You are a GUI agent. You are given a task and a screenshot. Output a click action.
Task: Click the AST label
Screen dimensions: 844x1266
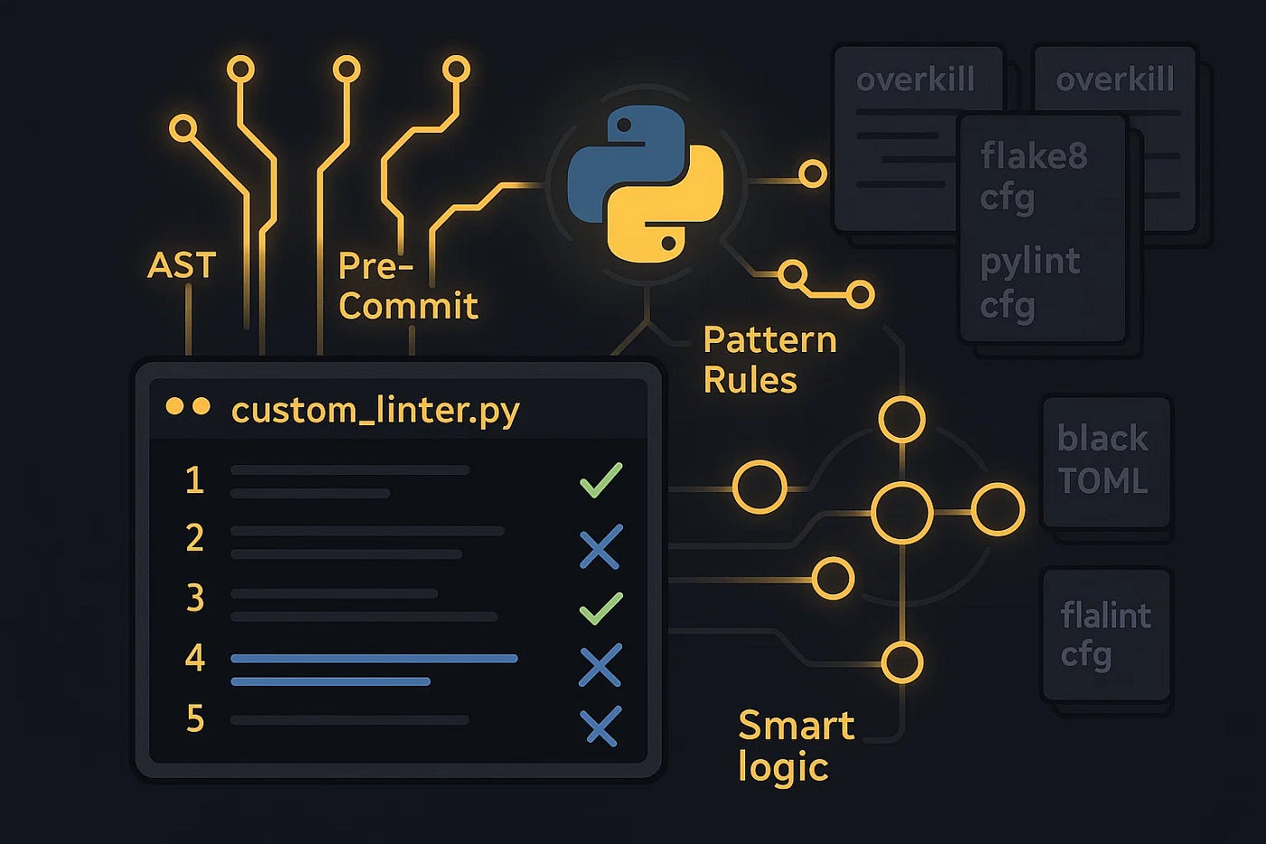click(182, 265)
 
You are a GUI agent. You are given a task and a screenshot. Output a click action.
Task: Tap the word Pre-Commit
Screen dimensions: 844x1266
click(407, 286)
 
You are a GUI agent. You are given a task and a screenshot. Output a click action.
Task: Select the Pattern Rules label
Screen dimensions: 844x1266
click(769, 359)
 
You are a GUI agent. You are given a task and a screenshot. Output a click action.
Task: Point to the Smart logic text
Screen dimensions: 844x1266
click(796, 745)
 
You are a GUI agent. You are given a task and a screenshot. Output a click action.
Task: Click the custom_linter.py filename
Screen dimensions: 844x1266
click(375, 410)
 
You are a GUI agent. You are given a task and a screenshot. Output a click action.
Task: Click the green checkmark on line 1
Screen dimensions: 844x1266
click(600, 479)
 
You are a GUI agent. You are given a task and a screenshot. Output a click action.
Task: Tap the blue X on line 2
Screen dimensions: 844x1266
click(600, 546)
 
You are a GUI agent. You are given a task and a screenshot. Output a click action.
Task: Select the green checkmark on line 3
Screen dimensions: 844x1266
click(600, 608)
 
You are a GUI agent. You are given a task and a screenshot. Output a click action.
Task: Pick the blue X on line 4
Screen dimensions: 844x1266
click(600, 665)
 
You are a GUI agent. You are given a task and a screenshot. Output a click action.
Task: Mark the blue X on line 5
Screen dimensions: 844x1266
click(600, 725)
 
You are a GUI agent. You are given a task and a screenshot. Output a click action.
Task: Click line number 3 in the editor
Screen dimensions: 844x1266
click(194, 598)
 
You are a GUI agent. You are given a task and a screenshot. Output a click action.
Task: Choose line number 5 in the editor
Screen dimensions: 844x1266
click(194, 719)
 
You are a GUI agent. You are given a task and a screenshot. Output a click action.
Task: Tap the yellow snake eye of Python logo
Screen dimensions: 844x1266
click(668, 242)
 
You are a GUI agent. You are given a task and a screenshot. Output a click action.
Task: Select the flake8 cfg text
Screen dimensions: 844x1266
click(1034, 175)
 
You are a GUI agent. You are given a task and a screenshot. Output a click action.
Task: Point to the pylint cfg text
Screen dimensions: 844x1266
click(1030, 282)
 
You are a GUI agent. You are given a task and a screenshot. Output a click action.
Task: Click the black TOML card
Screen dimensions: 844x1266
click(1106, 461)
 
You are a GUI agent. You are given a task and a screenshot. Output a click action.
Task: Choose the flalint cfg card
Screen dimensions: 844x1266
click(1107, 634)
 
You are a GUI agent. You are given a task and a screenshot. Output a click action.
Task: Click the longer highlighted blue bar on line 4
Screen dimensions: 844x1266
click(374, 659)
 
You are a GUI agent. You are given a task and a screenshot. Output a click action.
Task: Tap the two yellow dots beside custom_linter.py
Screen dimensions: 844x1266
click(188, 407)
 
